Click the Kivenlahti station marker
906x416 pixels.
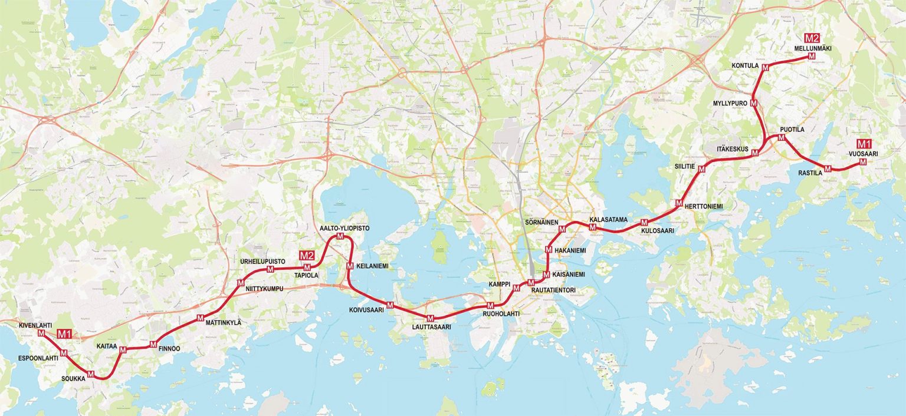41,333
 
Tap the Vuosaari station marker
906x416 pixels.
863,161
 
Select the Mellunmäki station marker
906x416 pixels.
812,56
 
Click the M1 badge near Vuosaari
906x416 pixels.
864,144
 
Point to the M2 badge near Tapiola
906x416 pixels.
307,255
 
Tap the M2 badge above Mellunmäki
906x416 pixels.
812,38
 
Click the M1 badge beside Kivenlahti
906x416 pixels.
64,334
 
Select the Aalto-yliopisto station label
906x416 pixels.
344,227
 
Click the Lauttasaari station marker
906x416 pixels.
431,318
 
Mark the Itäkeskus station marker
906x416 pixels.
754,153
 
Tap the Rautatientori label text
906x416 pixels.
553,290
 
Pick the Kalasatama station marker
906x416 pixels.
593,227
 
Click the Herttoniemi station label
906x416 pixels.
704,206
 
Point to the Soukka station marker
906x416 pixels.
91,374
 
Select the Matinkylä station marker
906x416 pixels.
200,318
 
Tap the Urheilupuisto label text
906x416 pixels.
262,261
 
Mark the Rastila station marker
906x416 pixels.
828,169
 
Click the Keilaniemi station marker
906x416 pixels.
350,266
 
